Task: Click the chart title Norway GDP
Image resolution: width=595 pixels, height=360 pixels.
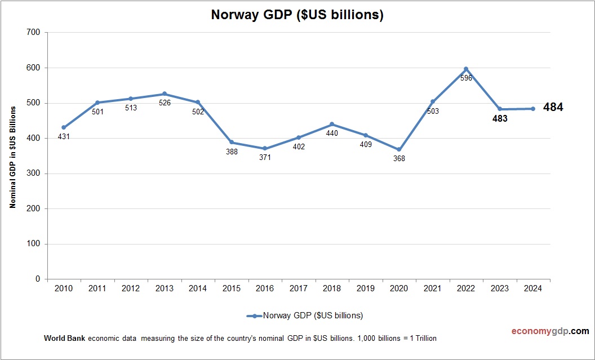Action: pyautogui.click(x=297, y=15)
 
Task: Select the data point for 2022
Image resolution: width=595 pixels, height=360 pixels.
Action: pyautogui.click(x=466, y=69)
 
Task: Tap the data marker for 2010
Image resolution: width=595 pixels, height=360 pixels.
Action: pyautogui.click(x=64, y=127)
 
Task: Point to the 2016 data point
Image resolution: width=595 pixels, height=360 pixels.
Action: pyautogui.click(x=265, y=148)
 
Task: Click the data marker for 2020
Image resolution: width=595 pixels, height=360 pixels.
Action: pyautogui.click(x=399, y=149)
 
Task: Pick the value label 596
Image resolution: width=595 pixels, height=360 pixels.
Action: pyautogui.click(x=466, y=78)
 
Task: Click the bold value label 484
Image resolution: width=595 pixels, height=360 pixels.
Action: pyautogui.click(x=553, y=107)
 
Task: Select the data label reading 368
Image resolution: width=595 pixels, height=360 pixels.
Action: pyautogui.click(x=399, y=158)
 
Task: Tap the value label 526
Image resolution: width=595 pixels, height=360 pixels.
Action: pyautogui.click(x=164, y=103)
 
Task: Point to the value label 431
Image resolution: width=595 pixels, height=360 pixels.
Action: pyautogui.click(x=64, y=136)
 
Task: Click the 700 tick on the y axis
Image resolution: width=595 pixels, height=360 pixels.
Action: pyautogui.click(x=33, y=33)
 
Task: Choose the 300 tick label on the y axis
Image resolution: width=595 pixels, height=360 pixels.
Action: pyautogui.click(x=33, y=174)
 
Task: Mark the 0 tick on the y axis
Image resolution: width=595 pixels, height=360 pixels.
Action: pyautogui.click(x=37, y=279)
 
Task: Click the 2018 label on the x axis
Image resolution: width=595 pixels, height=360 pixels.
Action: pyautogui.click(x=332, y=289)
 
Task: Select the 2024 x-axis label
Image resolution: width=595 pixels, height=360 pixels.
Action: pyautogui.click(x=533, y=289)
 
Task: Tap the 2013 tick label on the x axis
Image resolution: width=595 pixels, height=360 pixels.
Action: pyautogui.click(x=164, y=289)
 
